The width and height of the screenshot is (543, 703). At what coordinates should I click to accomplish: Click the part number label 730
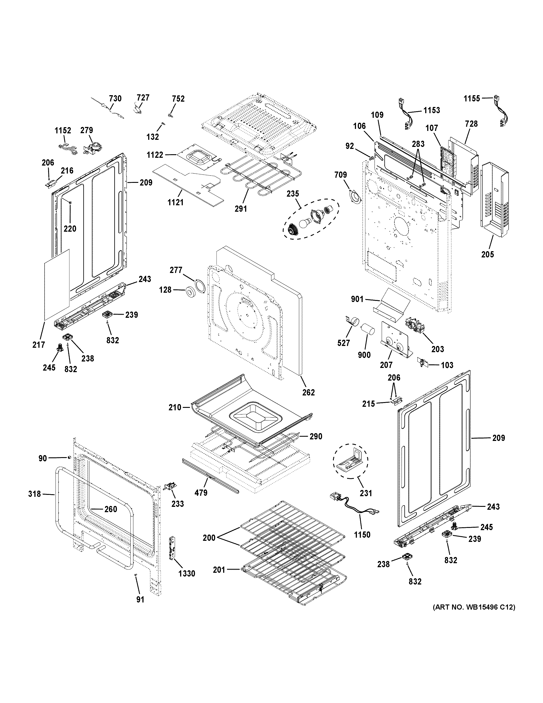[115, 99]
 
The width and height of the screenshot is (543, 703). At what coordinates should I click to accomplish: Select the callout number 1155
[472, 99]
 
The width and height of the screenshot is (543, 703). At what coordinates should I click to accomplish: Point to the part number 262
[308, 392]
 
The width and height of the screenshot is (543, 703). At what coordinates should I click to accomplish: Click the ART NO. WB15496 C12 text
[474, 607]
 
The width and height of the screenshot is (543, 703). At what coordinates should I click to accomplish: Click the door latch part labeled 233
[170, 487]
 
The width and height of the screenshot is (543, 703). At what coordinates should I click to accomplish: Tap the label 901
[357, 299]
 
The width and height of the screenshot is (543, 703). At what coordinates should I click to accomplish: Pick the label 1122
[155, 155]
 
